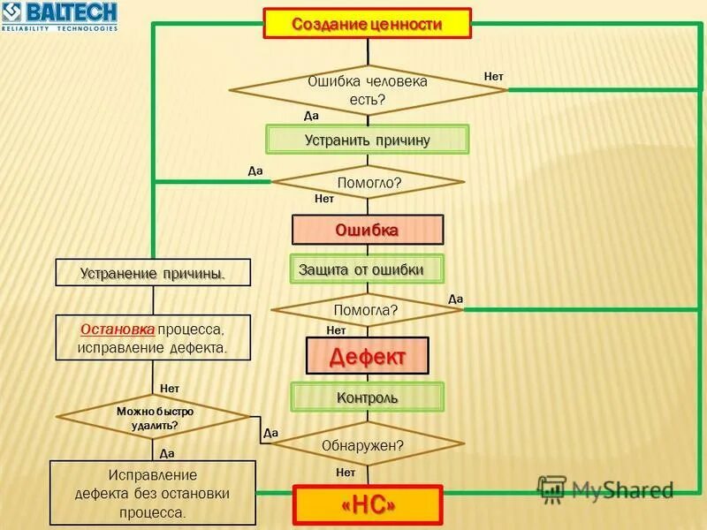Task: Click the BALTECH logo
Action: click(x=60, y=16)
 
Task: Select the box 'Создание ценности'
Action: click(x=367, y=24)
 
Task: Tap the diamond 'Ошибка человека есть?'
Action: click(x=368, y=90)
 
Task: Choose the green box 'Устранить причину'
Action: click(x=368, y=140)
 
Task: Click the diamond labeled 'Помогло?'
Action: click(x=368, y=183)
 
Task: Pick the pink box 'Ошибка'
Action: click(x=368, y=230)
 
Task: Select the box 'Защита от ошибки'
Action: click(x=368, y=269)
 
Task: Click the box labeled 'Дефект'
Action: click(x=367, y=357)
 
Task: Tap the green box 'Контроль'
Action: click(x=368, y=397)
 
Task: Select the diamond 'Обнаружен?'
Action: click(x=368, y=445)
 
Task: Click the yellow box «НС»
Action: click(x=367, y=504)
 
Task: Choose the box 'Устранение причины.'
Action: click(x=153, y=273)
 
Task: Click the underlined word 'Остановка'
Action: click(x=118, y=329)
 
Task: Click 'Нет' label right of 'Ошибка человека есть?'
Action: click(x=493, y=77)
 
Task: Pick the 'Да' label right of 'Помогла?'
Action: click(x=456, y=299)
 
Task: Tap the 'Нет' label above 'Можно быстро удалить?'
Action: click(x=170, y=388)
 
